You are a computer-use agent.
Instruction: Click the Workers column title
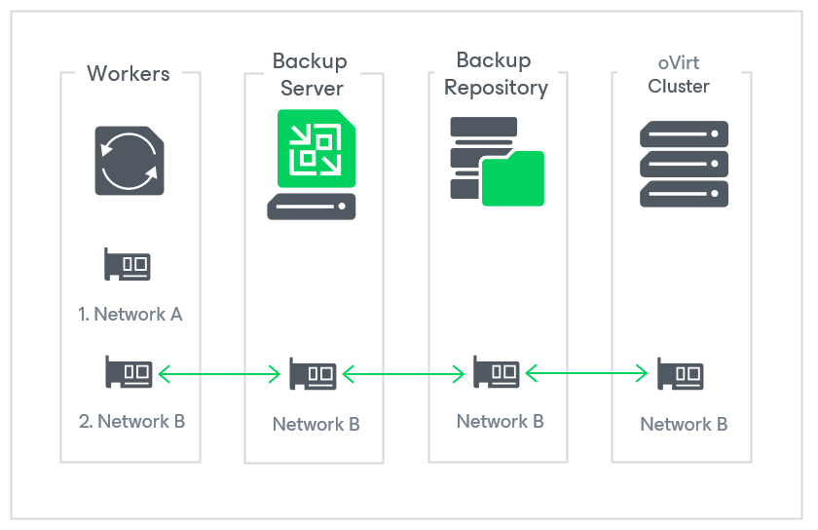[x=129, y=73]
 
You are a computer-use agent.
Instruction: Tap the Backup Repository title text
[x=496, y=74]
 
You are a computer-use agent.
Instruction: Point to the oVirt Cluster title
[x=679, y=75]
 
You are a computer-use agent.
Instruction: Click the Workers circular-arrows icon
[x=130, y=160]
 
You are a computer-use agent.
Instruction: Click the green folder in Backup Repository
[x=512, y=178]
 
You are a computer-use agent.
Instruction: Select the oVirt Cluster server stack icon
[x=685, y=164]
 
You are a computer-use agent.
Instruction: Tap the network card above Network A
[x=128, y=264]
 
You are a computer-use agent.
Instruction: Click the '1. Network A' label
[x=130, y=314]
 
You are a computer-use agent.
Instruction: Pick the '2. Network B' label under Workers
[x=131, y=422]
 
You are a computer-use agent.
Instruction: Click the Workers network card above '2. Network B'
[x=128, y=371]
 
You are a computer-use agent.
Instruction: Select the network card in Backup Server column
[x=313, y=374]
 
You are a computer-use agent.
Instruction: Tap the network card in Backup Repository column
[x=497, y=371]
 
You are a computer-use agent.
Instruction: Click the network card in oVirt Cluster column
[x=680, y=374]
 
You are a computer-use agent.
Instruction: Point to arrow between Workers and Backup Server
[x=219, y=372]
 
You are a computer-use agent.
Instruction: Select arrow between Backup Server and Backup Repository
[x=404, y=372]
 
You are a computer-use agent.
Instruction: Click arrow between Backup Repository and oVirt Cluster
[x=587, y=372]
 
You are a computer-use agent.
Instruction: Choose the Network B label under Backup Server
[x=316, y=424]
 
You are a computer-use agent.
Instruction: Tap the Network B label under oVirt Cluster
[x=684, y=424]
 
